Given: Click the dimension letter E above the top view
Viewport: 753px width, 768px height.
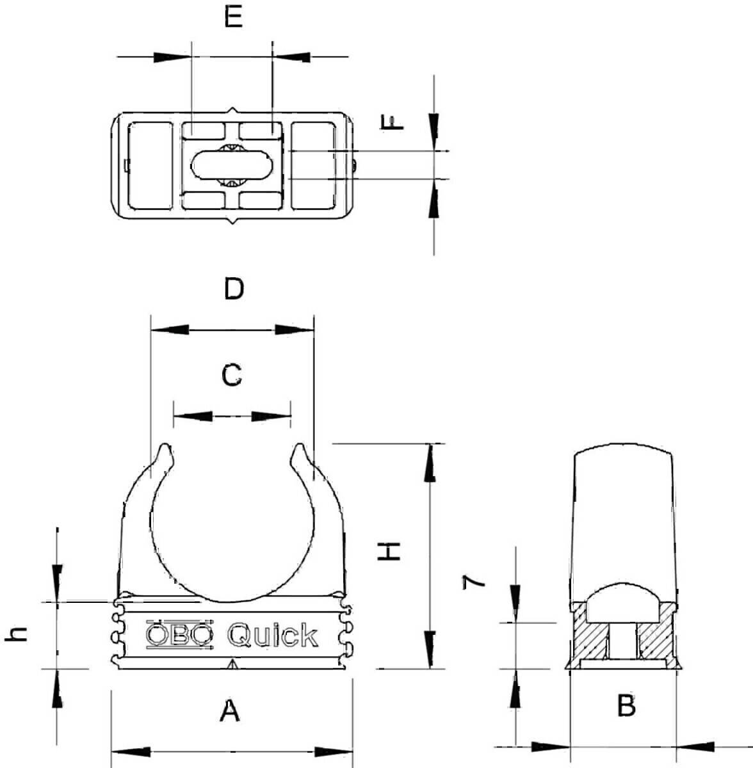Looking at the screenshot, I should (x=234, y=17).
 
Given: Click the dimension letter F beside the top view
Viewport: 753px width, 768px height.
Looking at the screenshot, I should (x=392, y=122).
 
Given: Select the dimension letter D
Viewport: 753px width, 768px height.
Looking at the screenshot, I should (x=234, y=289).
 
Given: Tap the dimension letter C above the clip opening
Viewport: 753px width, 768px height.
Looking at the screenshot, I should (x=232, y=375).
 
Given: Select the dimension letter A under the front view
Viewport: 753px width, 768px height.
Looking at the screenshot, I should (x=230, y=710).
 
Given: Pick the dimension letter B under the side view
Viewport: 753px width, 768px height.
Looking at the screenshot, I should (x=626, y=706).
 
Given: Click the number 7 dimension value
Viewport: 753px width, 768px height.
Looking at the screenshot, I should (x=474, y=581).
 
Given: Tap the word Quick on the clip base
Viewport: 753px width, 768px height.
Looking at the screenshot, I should (x=273, y=635).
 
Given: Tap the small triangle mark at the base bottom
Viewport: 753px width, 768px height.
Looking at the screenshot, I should (x=232, y=665).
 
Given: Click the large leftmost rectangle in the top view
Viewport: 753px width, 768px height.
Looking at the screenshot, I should (x=150, y=166).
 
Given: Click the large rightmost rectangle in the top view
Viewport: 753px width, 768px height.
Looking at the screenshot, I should (x=313, y=166).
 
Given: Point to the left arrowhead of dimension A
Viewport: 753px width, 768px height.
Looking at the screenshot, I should (x=131, y=751).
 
